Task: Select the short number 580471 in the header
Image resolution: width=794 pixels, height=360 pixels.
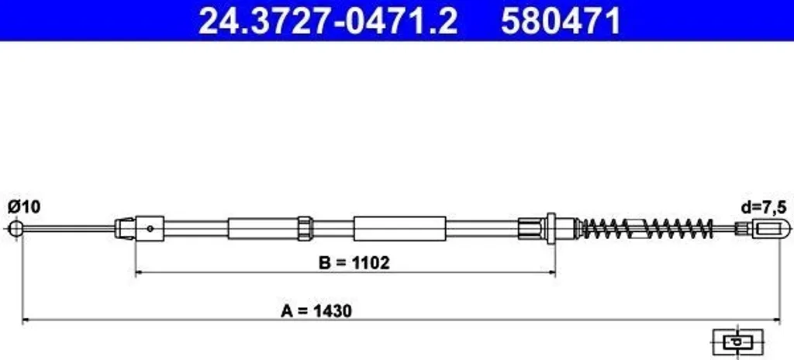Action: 560,21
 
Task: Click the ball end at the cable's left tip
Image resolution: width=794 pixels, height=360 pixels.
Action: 15,228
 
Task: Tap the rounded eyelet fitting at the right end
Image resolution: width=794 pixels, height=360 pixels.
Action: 772,228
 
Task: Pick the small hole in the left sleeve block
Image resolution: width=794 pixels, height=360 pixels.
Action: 151,228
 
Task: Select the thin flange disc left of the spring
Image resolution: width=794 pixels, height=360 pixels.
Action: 551,228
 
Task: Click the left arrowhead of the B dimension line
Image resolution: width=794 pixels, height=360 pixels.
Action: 140,272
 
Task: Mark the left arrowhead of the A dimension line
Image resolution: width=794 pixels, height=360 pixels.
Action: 26,319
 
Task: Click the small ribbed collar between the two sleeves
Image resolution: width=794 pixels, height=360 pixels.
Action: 306,228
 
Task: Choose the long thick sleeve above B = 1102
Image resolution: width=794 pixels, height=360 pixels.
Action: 400,228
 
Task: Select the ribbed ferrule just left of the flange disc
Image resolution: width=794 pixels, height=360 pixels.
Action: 530,228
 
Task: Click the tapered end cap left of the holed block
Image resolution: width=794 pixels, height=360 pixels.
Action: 124,228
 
